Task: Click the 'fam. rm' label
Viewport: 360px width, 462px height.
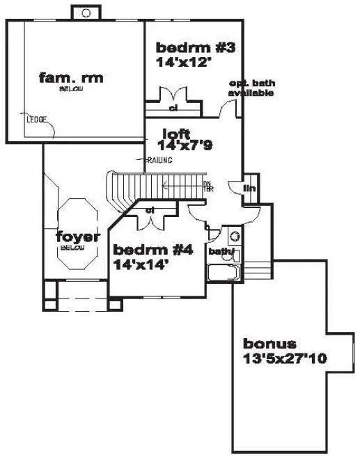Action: (x=71, y=78)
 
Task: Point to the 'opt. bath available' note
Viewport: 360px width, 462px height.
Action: (x=251, y=88)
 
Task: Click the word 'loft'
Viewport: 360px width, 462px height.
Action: (x=176, y=134)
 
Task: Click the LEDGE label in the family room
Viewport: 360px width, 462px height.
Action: (x=36, y=120)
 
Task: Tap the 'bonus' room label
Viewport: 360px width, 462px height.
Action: (x=269, y=344)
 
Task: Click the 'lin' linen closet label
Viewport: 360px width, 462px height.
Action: (x=249, y=188)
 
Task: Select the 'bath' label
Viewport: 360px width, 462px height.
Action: (x=221, y=251)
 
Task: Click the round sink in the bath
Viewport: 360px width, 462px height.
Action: (x=234, y=236)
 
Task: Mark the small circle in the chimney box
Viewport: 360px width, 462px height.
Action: (x=86, y=13)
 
